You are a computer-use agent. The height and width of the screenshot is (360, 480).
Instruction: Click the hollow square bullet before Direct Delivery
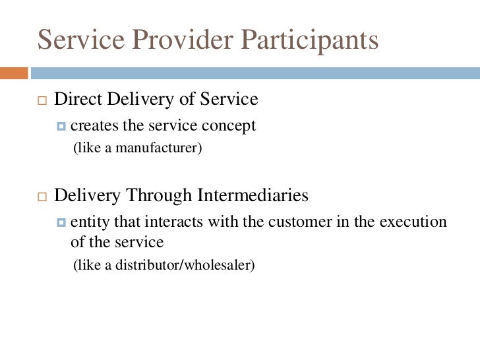point(42,101)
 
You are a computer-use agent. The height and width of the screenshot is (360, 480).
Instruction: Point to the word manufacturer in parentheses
point(158,148)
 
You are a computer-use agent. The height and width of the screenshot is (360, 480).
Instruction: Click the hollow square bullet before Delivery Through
point(42,196)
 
